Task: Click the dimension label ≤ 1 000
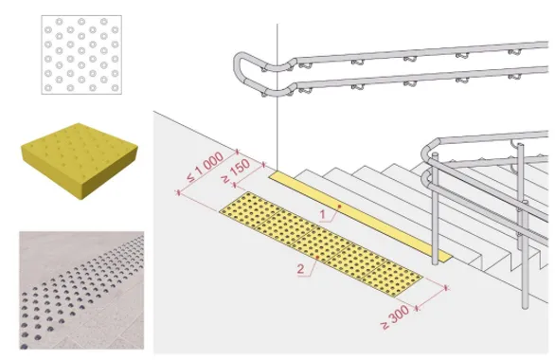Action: pyautogui.click(x=206, y=167)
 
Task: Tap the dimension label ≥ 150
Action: pyautogui.click(x=237, y=171)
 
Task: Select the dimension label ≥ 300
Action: pyautogui.click(x=395, y=316)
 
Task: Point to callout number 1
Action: pyautogui.click(x=322, y=214)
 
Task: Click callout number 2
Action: pyautogui.click(x=300, y=269)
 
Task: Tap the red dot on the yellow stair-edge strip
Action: pyautogui.click(x=339, y=206)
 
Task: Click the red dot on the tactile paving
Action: pyautogui.click(x=317, y=258)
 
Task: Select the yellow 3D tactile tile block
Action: pyautogui.click(x=80, y=161)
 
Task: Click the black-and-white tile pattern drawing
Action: pyautogui.click(x=81, y=55)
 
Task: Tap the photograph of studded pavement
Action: pyautogui.click(x=81, y=290)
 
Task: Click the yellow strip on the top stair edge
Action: pyautogui.click(x=360, y=217)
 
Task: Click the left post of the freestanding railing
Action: pyautogui.click(x=435, y=208)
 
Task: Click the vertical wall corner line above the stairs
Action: pyautogui.click(x=277, y=97)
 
